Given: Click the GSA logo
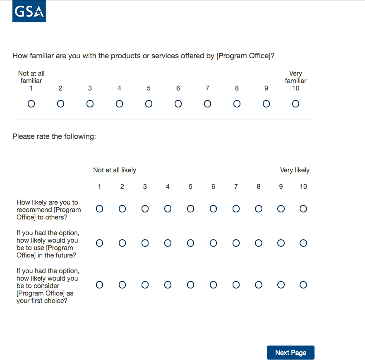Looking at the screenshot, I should [x=29, y=12].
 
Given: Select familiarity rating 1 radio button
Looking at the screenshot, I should [x=31, y=104].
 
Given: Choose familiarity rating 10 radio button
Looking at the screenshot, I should [x=295, y=104].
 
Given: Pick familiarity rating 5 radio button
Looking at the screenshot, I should [x=149, y=104].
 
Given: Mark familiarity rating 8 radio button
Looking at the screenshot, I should [x=237, y=104].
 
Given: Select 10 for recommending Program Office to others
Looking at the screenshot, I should [x=303, y=209].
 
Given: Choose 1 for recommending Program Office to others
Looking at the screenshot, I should [x=99, y=209].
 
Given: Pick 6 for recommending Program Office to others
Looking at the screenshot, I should [x=213, y=209].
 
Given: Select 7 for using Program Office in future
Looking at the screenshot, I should [x=236, y=243].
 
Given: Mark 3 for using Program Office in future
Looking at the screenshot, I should [x=145, y=243].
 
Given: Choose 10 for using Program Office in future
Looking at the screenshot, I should [x=303, y=243].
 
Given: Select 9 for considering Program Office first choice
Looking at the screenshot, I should [x=281, y=284].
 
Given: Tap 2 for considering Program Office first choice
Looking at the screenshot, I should [x=122, y=284].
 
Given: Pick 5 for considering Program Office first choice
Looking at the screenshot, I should [x=190, y=284].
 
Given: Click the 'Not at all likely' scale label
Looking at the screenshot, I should [x=115, y=170].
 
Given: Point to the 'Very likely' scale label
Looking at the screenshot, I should [x=295, y=170].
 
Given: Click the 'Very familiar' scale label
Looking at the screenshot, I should [x=295, y=77].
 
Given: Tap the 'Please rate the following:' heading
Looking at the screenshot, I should [x=54, y=136].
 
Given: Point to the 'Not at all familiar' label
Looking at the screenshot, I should [x=31, y=77].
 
